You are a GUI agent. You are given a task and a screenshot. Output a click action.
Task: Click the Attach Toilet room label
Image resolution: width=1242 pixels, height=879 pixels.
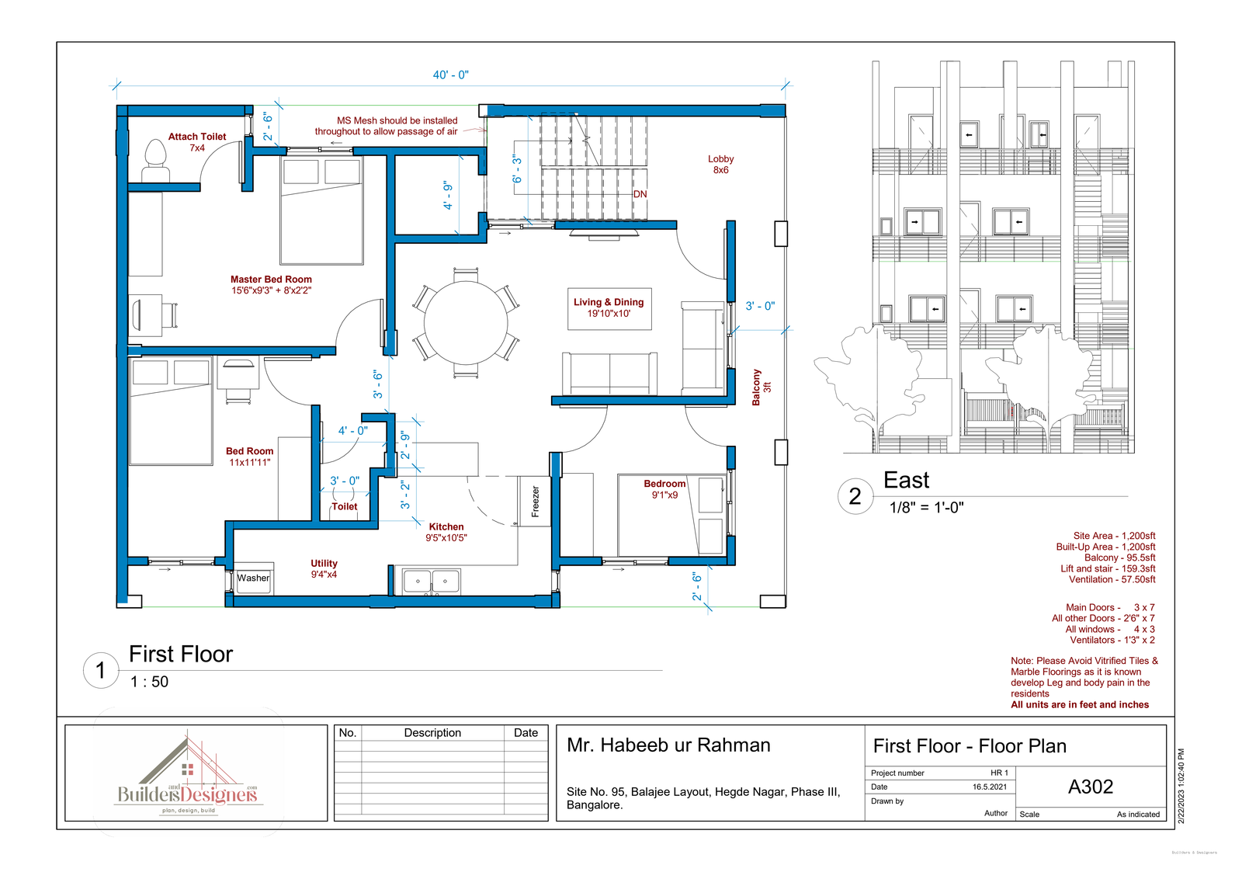pos(197,142)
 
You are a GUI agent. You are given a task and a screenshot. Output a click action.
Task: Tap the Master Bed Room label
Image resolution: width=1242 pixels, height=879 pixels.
pos(272,284)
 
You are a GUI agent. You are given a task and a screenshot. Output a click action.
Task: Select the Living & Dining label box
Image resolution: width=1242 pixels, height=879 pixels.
pos(609,308)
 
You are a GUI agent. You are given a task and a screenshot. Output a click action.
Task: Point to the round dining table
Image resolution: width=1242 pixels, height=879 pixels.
pos(466,323)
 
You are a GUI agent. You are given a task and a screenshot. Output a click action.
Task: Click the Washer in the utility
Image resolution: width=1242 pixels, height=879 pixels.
pos(253,579)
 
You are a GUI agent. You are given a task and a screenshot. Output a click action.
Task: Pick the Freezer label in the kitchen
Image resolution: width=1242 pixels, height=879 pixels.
pos(535,502)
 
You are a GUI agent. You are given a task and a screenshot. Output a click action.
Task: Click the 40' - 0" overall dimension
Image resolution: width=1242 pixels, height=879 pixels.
pos(451,75)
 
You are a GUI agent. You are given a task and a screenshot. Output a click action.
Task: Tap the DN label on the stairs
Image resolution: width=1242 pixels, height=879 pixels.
pos(640,194)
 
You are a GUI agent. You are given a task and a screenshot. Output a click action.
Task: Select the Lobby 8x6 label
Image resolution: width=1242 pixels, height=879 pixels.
pos(721,164)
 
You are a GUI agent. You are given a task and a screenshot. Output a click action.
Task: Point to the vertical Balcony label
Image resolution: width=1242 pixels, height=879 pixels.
pos(761,387)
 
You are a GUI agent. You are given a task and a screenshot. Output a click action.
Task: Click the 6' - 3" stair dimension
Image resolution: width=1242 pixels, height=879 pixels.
pos(517,169)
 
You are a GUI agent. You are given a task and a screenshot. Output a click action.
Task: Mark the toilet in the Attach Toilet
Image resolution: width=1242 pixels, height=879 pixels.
pos(155,161)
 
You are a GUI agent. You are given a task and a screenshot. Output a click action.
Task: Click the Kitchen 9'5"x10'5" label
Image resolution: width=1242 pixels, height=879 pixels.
pos(446,532)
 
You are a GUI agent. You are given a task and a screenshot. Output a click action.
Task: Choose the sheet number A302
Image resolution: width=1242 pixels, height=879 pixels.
pos(1091,787)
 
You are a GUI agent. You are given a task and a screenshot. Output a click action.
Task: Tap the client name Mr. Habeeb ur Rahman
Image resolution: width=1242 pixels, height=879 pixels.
pos(668,745)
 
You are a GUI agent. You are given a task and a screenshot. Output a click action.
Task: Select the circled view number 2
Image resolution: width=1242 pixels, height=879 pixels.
pos(855,496)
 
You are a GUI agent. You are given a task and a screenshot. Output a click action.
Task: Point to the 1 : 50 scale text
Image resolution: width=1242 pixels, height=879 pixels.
pos(149,682)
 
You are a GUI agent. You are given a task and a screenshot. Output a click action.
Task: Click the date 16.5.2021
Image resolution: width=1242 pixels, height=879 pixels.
pos(990,787)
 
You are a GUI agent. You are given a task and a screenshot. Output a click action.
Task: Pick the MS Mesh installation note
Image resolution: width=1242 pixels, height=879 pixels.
pos(387,126)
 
